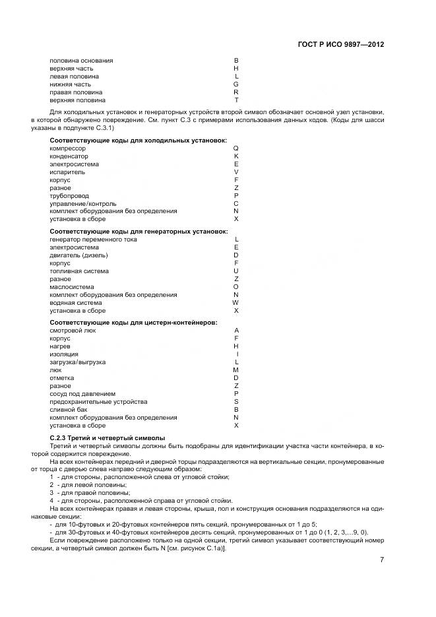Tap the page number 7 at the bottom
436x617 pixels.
[382, 560]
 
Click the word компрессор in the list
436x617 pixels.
[68, 148]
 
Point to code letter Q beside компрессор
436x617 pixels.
[236, 148]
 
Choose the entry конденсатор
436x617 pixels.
[69, 156]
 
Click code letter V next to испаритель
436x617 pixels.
[236, 172]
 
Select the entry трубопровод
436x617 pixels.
[69, 195]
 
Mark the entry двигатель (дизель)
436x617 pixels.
[78, 255]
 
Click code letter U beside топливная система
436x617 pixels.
[236, 271]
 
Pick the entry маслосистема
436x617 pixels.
[71, 287]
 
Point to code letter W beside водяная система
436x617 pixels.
[235, 303]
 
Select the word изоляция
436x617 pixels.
[65, 354]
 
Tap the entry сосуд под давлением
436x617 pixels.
[82, 394]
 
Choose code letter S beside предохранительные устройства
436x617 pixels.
[236, 402]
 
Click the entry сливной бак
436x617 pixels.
[69, 410]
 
